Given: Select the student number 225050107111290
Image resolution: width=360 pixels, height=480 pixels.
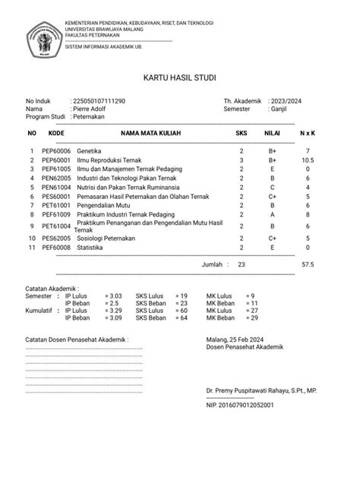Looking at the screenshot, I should (x=99, y=100).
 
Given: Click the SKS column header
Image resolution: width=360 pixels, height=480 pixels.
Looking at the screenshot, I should (x=242, y=133).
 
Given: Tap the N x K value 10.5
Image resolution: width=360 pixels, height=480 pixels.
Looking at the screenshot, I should (x=308, y=161).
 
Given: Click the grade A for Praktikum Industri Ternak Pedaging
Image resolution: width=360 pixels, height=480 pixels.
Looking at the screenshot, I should (x=271, y=215).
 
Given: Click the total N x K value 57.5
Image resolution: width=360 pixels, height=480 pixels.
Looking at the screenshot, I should (x=308, y=264).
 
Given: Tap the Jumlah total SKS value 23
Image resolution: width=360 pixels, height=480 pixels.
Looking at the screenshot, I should (x=242, y=264).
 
